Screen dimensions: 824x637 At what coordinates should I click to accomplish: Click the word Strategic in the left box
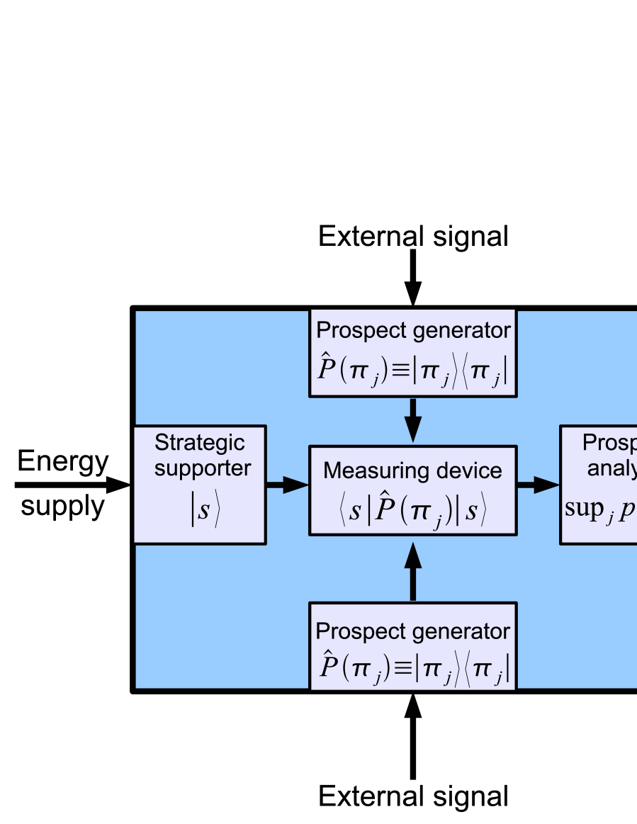[200, 443]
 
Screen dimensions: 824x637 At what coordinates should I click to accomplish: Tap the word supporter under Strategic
[203, 468]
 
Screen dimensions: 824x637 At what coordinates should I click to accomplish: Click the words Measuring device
[412, 470]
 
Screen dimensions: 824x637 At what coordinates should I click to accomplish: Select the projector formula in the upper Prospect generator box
[412, 372]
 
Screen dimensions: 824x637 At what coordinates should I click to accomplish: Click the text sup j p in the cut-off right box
[599, 511]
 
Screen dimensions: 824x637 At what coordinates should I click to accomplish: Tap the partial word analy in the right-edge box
[611, 468]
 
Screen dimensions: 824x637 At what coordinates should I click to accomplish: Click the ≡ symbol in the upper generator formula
[401, 373]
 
